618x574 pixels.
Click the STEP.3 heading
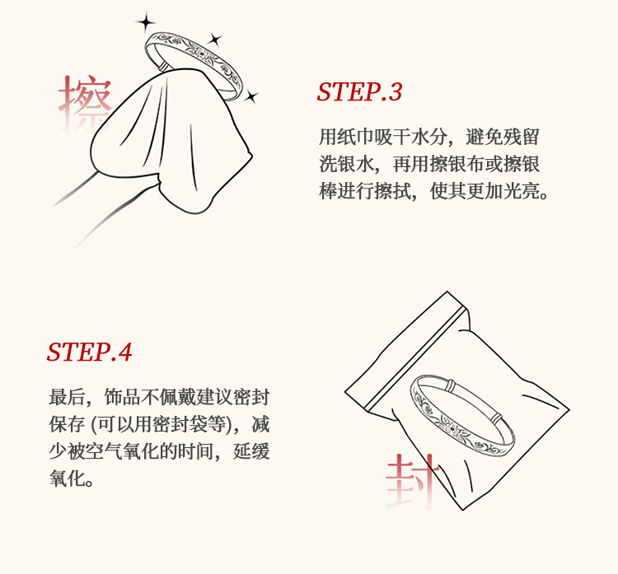(x=359, y=91)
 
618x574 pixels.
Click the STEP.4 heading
(x=89, y=352)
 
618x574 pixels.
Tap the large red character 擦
(x=85, y=101)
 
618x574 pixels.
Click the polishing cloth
(x=170, y=142)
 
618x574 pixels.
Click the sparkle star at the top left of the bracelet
(x=146, y=22)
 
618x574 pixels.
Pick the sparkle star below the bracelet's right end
(x=250, y=96)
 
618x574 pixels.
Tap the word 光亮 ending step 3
(x=522, y=191)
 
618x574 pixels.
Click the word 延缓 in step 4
(x=251, y=451)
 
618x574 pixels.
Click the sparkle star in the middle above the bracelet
(x=215, y=40)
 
